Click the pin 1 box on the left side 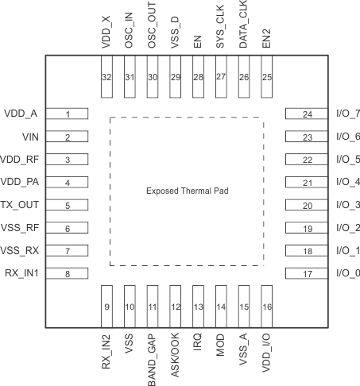[68, 114]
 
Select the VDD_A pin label [21, 114]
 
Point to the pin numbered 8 [68, 275]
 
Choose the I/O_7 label [348, 114]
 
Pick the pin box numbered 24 [306, 114]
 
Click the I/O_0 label [348, 274]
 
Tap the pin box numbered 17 [306, 275]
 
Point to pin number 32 [106, 76]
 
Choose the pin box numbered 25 [267, 76]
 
